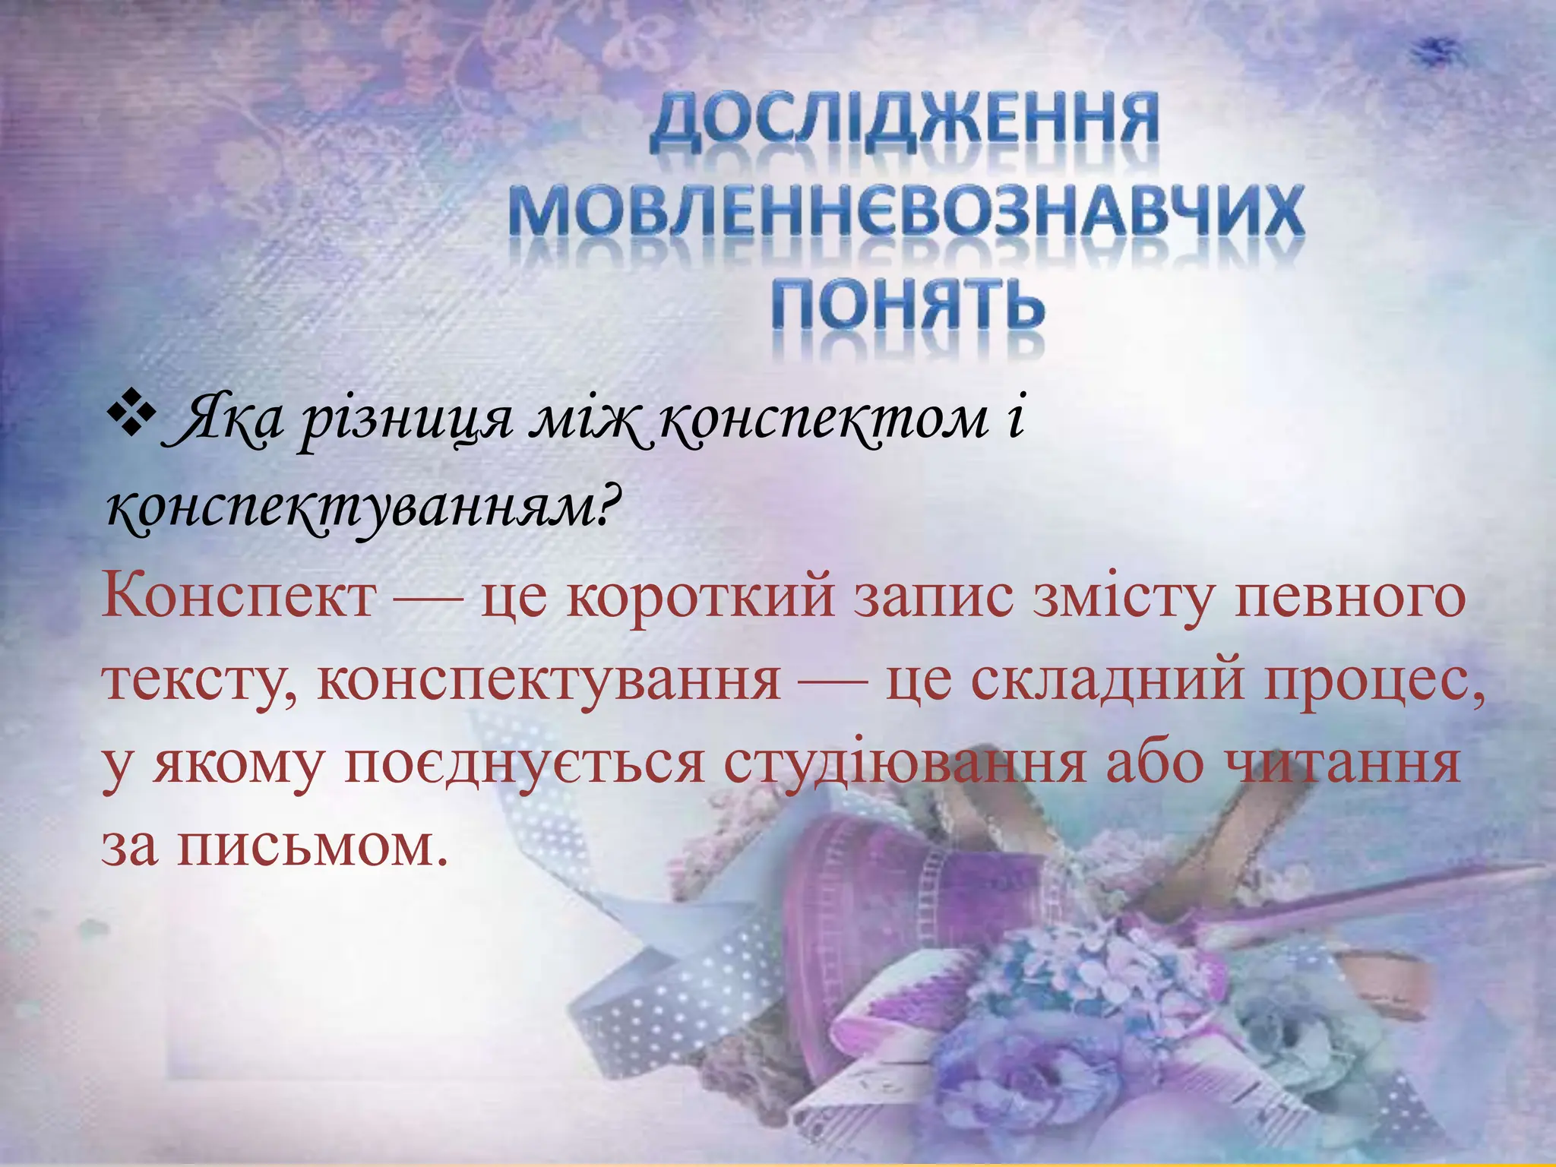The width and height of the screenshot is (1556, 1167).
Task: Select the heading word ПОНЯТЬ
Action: coord(909,304)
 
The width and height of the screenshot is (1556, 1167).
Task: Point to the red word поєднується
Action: coord(524,764)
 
